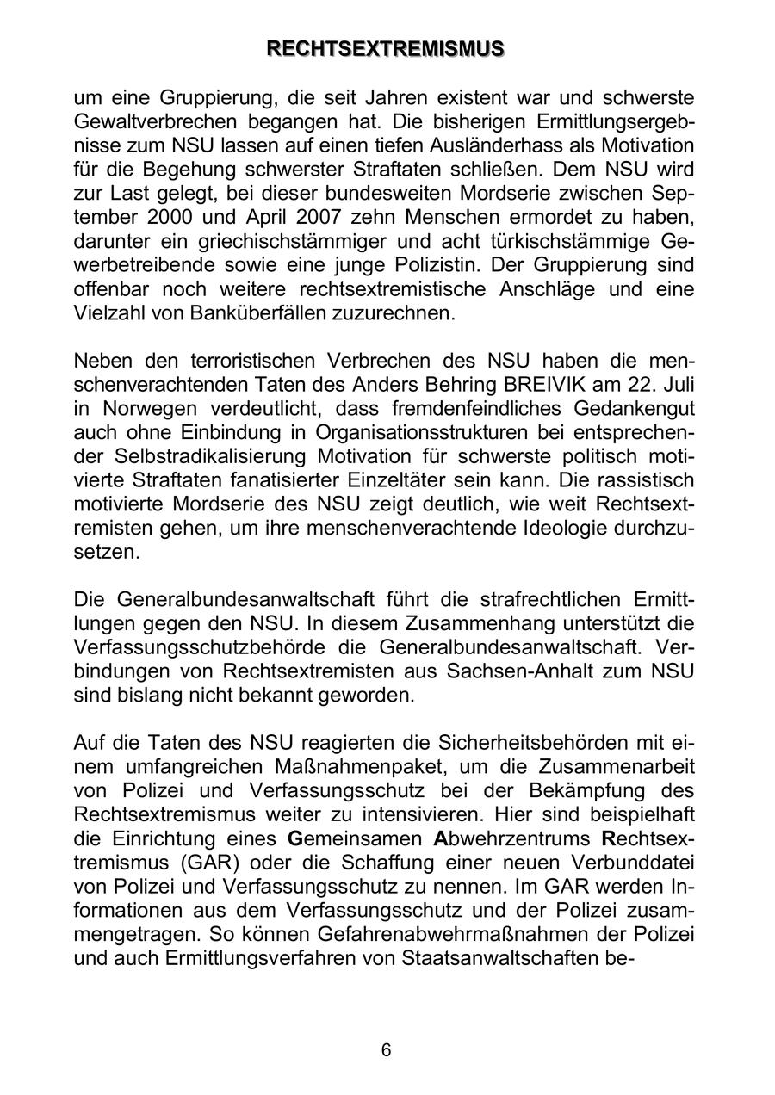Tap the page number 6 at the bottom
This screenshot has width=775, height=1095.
tap(386, 1049)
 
